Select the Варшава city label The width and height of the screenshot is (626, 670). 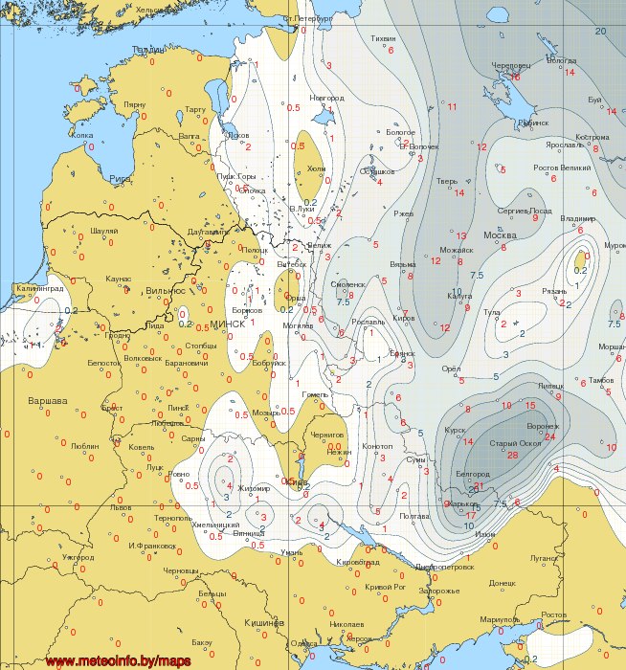point(47,399)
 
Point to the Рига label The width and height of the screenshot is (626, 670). point(121,179)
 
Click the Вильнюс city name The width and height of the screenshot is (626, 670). point(165,290)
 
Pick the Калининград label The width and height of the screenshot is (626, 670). point(40,287)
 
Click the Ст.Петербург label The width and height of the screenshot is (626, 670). point(307,18)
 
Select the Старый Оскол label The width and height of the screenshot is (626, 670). point(515,443)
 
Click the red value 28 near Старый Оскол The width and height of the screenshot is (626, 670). point(512,456)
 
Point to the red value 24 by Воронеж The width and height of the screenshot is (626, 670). point(549,436)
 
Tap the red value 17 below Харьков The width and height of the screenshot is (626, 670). point(470,516)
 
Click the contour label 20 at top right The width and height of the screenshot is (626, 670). point(600,32)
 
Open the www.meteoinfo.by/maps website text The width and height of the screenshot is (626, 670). point(119,660)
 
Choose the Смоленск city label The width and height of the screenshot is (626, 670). point(347,284)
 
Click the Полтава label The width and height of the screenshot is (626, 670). point(414,516)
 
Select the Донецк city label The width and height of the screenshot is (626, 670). point(502,582)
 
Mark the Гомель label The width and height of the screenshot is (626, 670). point(315,393)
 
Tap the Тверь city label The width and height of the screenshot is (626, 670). point(447,181)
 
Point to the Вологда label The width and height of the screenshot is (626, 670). point(561,59)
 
